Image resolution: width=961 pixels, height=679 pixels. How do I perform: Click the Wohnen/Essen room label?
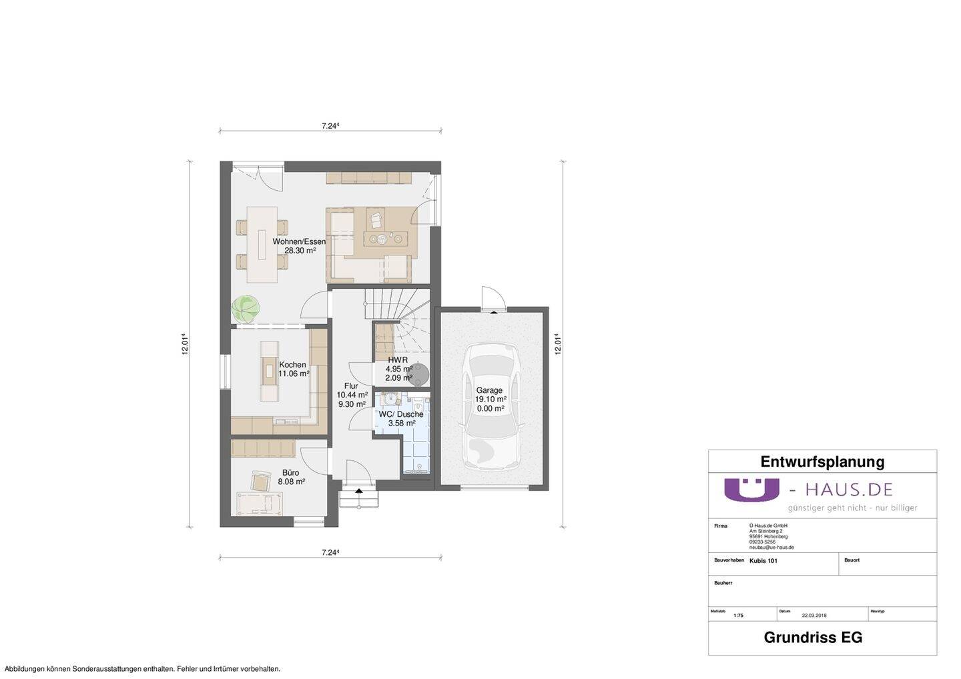click(298, 241)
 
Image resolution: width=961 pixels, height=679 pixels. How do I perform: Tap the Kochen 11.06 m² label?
click(293, 369)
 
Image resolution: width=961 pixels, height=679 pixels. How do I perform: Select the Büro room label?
click(291, 473)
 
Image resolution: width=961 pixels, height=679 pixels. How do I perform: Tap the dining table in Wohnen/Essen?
click(262, 244)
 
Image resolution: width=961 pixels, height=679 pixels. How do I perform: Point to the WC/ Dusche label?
click(401, 414)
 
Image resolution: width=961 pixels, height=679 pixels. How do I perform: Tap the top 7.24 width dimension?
click(330, 125)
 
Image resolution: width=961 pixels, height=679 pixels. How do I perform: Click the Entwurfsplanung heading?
click(822, 462)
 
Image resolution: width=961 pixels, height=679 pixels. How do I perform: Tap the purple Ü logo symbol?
click(751, 489)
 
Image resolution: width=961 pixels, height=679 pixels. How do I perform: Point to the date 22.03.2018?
click(814, 616)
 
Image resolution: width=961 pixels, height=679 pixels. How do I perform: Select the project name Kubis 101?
click(763, 561)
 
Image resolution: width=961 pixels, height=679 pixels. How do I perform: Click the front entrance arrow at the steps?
click(359, 491)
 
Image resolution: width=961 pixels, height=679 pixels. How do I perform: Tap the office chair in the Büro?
click(260, 482)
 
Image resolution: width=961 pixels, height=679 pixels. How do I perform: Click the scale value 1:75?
click(738, 616)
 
